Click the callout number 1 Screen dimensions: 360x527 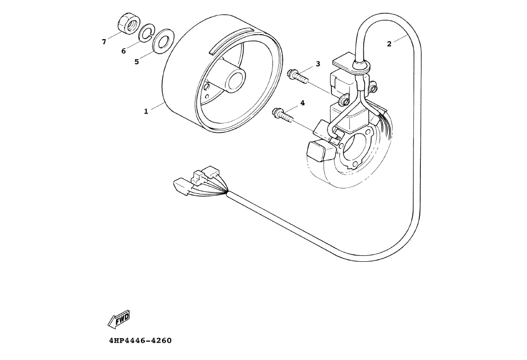coord(146,112)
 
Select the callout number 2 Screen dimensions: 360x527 coord(389,44)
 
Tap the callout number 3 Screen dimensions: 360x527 coord(318,64)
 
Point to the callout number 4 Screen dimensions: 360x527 coord(302,103)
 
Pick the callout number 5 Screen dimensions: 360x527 coord(136,62)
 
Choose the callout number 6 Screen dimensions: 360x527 coord(124,51)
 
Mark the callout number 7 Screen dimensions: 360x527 coord(104,42)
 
